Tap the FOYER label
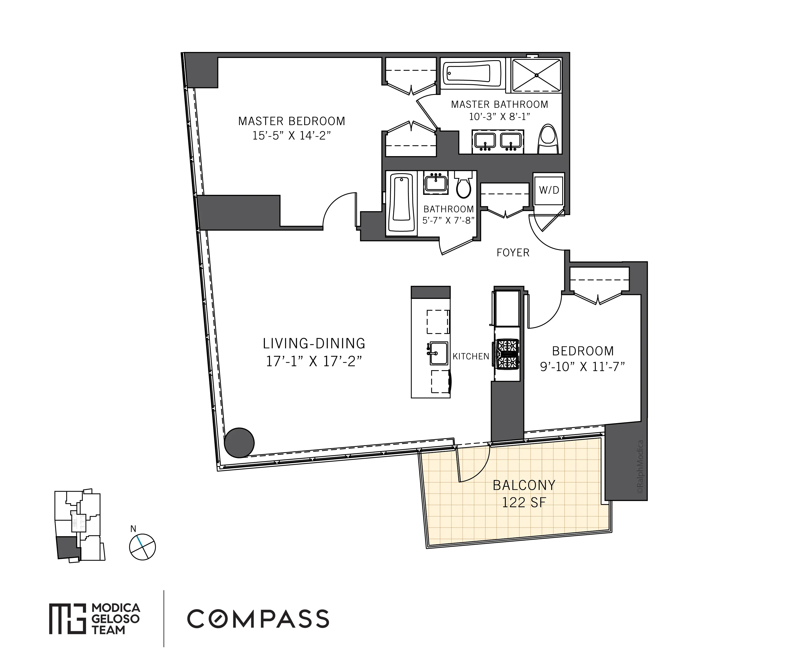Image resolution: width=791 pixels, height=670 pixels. [513, 253]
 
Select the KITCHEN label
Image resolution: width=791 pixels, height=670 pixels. [471, 356]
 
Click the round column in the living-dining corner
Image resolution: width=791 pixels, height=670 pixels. [239, 443]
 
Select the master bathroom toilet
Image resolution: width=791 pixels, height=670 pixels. [548, 139]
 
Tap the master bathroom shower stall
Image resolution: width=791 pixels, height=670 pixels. [536, 75]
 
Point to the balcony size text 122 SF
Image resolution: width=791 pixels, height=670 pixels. [524, 503]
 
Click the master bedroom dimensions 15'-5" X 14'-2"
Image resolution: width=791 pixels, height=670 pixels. [292, 136]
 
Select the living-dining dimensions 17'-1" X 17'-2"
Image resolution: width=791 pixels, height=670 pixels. [314, 361]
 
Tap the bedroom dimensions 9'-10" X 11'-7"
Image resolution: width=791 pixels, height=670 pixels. [582, 367]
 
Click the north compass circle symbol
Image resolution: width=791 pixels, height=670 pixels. [142, 547]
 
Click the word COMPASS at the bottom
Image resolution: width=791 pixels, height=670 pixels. [258, 619]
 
